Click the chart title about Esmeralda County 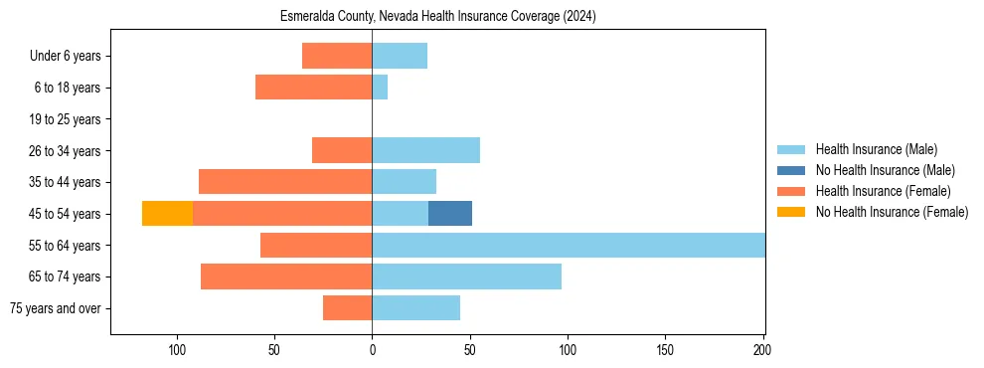pos(437,16)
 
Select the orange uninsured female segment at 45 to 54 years pos(167,214)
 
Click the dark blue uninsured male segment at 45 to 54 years pos(450,214)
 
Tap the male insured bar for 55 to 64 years pos(568,245)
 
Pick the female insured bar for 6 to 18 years pos(313,88)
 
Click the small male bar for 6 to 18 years pos(380,88)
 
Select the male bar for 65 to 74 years pos(466,276)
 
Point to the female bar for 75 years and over pos(347,308)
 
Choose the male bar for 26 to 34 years pos(425,150)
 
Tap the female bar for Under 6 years pos(337,56)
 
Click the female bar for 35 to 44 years pos(285,182)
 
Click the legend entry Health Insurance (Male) pos(876,149)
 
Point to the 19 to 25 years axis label pos(65,119)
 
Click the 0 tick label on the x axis pos(372,350)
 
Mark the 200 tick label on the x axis pos(763,350)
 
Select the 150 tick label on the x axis pos(666,350)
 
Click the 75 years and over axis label pos(55,308)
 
